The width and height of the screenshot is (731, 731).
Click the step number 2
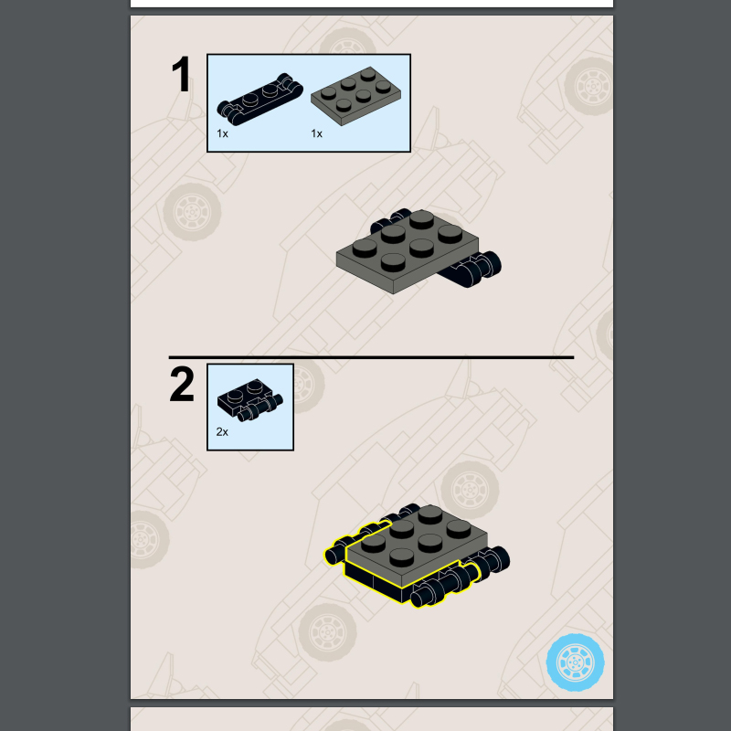click(182, 385)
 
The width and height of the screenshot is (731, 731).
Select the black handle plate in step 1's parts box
click(260, 99)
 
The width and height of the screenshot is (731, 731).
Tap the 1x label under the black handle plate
click(222, 133)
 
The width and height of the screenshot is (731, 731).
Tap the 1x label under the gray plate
click(317, 133)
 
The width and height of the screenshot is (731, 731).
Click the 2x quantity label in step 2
click(222, 431)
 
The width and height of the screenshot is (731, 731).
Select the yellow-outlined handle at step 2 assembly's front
click(443, 588)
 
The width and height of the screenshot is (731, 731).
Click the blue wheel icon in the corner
click(575, 661)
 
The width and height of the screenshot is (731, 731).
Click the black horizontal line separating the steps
click(371, 357)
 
